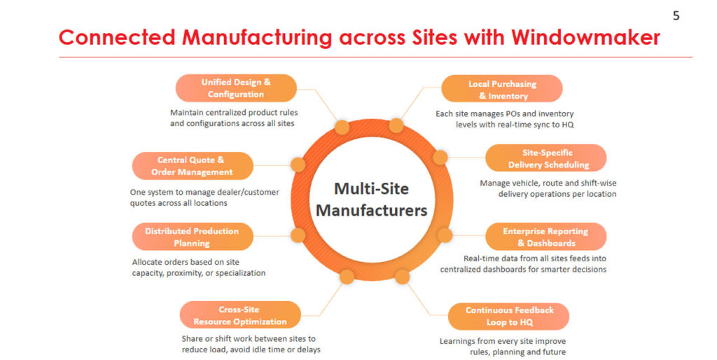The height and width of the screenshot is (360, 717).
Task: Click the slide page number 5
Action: click(676, 15)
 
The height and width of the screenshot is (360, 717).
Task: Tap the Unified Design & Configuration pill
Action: click(235, 88)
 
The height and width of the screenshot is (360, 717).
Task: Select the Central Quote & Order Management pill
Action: click(192, 166)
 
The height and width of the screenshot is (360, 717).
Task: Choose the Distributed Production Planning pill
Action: click(192, 237)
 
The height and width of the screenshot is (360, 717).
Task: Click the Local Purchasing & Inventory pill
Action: click(502, 90)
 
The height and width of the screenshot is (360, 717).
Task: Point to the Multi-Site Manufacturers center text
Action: click(370, 199)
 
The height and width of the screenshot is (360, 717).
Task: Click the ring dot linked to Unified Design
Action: click(342, 127)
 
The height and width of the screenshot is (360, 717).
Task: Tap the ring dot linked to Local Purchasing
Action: click(396, 126)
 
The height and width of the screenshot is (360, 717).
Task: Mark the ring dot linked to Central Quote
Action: click(298, 165)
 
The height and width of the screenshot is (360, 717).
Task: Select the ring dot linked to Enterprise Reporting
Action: click(444, 235)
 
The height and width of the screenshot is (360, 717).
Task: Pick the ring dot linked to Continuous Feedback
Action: click(402, 277)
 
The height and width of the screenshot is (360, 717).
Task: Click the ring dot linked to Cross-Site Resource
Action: click(346, 277)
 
